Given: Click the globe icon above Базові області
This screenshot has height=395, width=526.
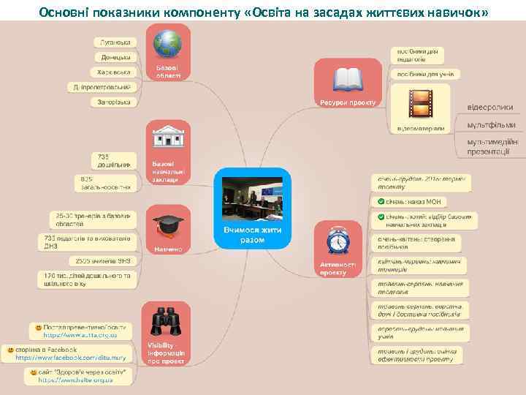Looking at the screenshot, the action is (168, 44).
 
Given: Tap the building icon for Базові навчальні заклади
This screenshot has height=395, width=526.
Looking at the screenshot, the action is (168, 138).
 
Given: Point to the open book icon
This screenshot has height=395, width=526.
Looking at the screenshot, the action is (347, 78).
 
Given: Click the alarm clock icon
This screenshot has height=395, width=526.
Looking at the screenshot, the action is (338, 241).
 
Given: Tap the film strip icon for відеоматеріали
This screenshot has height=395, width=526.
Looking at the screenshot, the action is (420, 103).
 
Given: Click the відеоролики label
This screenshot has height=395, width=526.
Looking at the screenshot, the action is (490, 108).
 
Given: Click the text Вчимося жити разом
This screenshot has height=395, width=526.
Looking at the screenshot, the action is (252, 235).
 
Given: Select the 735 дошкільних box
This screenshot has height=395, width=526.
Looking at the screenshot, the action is (114, 160).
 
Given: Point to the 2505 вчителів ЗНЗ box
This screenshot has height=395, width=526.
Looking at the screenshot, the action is (104, 260).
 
